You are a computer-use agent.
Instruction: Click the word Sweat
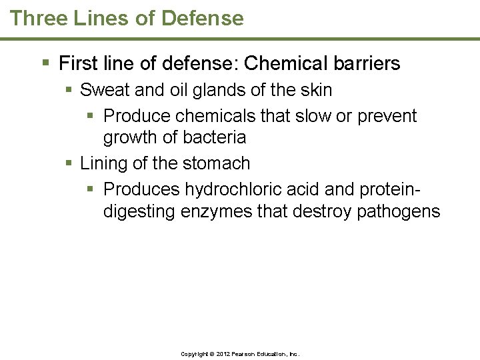pyautogui.click(x=103, y=89)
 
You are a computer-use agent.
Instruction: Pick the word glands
pyautogui.click(x=202, y=89)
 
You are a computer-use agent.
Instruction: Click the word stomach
pyautogui.click(x=218, y=163)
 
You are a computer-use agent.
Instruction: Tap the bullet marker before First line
pyautogui.click(x=45, y=64)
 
